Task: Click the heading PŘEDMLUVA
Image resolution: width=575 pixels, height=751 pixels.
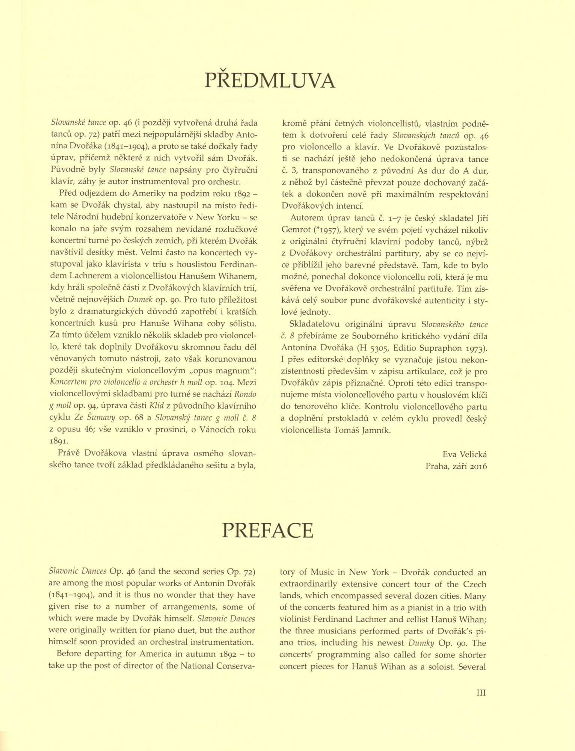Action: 269,80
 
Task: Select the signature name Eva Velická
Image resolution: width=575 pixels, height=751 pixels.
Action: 465,454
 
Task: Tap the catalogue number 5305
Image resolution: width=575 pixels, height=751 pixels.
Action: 378,348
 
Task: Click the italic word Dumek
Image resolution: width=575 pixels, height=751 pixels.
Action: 140,300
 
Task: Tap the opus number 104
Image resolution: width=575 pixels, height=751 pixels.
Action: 227,382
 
